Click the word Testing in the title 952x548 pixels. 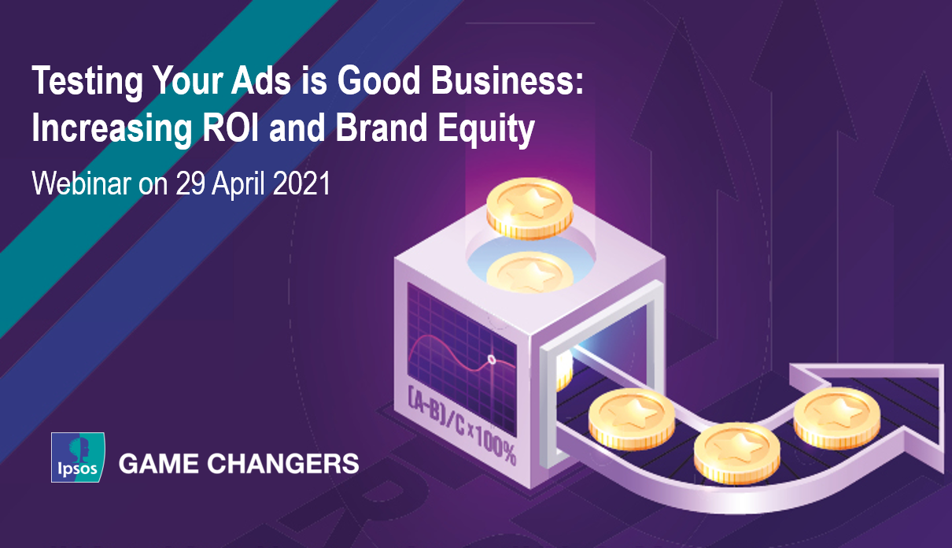tap(87, 82)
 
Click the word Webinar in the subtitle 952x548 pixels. tap(81, 183)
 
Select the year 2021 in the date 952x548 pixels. tap(301, 183)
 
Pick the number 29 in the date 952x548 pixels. tap(190, 183)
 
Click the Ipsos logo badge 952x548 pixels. tap(78, 457)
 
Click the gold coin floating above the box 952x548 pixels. tap(530, 208)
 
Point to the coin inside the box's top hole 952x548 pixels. tap(530, 272)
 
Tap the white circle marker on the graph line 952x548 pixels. tap(492, 360)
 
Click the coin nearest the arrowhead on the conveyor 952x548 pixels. tap(836, 418)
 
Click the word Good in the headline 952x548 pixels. tap(379, 80)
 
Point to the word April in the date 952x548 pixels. tap(238, 184)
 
